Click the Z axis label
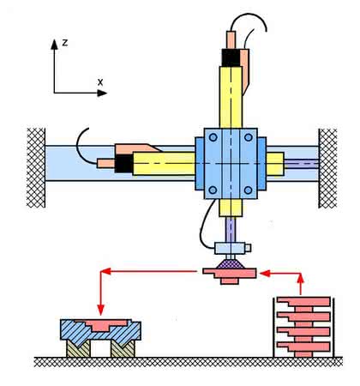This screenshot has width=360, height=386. pyautogui.click(x=65, y=43)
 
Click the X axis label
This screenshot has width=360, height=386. pyautogui.click(x=100, y=82)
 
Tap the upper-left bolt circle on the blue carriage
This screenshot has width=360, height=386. pyautogui.click(x=213, y=137)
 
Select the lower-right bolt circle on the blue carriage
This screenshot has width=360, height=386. pyautogui.click(x=249, y=190)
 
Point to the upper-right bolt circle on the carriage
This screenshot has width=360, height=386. pyautogui.click(x=249, y=137)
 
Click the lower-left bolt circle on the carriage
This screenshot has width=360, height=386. pyautogui.click(x=213, y=190)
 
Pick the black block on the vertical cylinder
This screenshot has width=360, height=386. pyautogui.click(x=231, y=57)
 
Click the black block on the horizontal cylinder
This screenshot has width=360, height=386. pyautogui.click(x=123, y=164)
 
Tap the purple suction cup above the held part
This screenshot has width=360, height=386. pyautogui.click(x=231, y=264)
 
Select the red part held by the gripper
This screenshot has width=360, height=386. pyautogui.click(x=230, y=274)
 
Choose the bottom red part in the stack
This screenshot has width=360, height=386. pyautogui.click(x=303, y=349)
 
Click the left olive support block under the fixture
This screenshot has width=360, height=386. pyautogui.click(x=78, y=348)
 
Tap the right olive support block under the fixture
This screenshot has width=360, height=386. pyautogui.click(x=123, y=348)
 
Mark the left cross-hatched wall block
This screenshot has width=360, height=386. pyautogui.click(x=36, y=168)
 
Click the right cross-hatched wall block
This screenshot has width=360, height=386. pyautogui.click(x=327, y=168)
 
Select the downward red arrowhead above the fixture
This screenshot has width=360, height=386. pyautogui.click(x=100, y=310)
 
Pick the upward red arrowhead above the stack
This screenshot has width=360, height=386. pyautogui.click(x=300, y=278)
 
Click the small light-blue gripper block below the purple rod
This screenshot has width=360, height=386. pyautogui.click(x=230, y=248)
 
